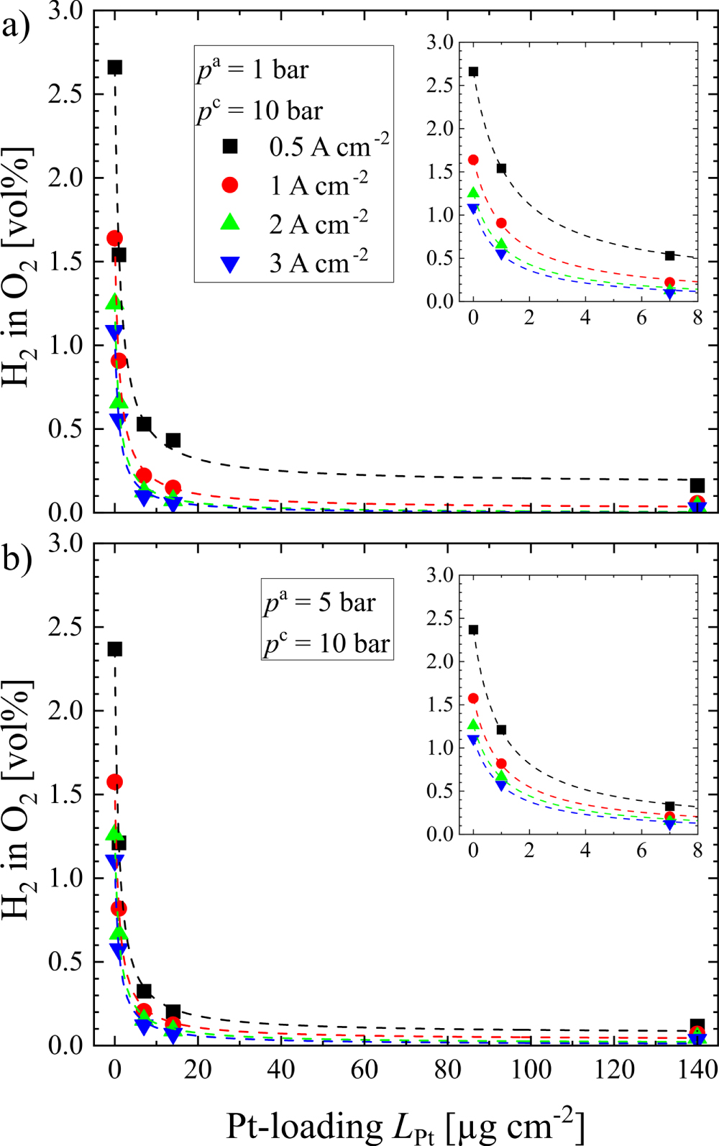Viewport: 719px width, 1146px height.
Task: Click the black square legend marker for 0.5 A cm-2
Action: tap(229, 147)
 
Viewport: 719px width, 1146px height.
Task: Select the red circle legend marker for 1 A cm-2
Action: tap(229, 185)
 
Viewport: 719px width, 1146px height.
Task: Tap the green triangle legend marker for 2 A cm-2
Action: tap(229, 224)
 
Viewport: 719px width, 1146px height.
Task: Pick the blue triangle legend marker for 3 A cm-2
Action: tap(229, 264)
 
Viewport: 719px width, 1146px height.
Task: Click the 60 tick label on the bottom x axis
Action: tap(364, 1069)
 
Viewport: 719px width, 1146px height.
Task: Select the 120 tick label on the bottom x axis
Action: tap(614, 1069)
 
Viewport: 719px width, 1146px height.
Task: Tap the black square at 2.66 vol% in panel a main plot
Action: tap(114, 68)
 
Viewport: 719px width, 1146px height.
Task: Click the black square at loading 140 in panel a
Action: tap(697, 485)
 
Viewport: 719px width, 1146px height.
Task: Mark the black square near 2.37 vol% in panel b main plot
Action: tap(114, 649)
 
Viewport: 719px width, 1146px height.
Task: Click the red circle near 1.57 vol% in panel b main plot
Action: tap(114, 781)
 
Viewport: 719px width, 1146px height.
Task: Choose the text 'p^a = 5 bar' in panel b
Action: tap(320, 602)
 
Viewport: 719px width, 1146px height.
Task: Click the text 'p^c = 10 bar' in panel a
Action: tap(260, 111)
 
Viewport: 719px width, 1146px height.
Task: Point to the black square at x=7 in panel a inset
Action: tap(669, 255)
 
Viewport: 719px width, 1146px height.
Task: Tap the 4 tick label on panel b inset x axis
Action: tap(585, 851)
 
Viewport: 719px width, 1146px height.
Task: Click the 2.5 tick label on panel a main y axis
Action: tap(65, 94)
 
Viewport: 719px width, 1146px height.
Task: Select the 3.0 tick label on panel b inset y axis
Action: tap(439, 574)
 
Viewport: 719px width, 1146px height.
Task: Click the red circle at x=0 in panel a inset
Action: tap(473, 160)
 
